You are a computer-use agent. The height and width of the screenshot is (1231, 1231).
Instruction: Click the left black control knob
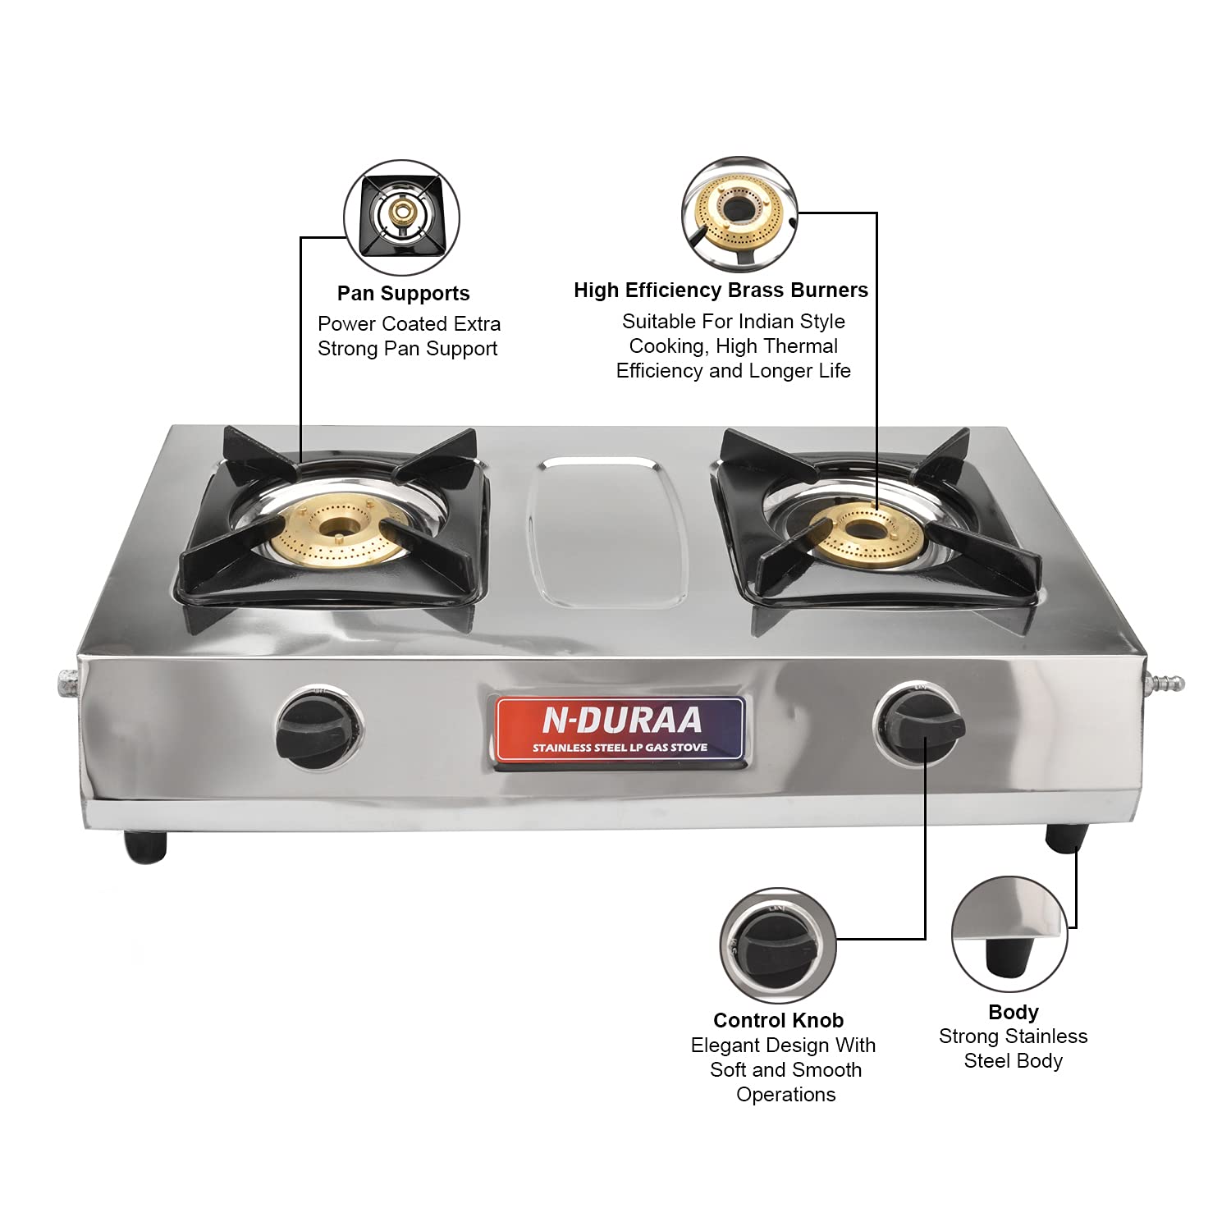click(319, 728)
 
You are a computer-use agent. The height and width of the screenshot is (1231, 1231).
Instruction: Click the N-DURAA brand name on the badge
click(622, 721)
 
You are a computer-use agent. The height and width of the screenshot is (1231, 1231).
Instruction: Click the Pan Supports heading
click(404, 294)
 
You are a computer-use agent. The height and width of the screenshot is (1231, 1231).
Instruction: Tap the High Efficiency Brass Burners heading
click(721, 291)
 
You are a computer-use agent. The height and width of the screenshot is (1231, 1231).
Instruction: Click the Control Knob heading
click(778, 1020)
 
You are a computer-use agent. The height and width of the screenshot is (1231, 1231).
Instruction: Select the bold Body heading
click(1014, 1012)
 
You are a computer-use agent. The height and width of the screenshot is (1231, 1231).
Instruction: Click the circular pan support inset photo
click(401, 217)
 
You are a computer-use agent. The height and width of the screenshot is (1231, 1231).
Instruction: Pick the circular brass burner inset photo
click(740, 214)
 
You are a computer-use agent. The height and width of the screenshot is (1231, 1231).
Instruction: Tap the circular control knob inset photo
click(778, 945)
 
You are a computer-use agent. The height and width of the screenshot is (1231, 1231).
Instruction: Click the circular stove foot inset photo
click(1009, 934)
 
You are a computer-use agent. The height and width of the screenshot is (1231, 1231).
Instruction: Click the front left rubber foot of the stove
click(145, 845)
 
